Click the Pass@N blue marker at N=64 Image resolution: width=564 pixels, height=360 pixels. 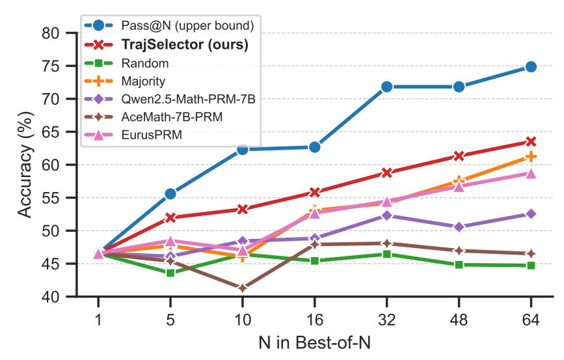(531, 66)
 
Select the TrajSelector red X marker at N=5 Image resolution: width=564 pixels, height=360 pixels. (170, 217)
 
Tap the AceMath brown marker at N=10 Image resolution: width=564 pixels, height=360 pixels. (243, 288)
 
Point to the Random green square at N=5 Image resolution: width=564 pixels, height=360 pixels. (170, 272)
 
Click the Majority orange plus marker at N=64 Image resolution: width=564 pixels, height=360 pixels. (531, 156)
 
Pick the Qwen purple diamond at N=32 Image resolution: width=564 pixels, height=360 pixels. (386, 215)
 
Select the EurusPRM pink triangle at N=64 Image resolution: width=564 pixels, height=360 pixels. (531, 173)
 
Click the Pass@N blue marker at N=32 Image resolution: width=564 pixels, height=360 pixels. (386, 87)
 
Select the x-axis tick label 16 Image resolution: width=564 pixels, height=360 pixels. (314, 320)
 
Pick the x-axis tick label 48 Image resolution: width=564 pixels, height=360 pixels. (459, 320)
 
